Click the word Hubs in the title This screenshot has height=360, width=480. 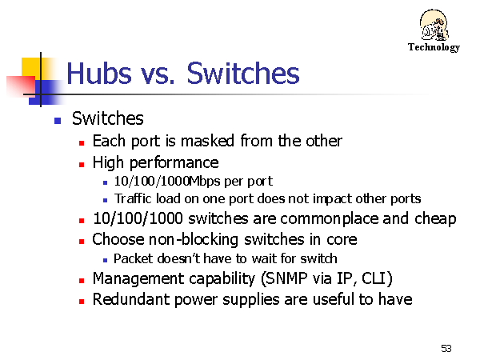point(99,73)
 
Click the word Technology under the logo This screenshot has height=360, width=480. point(434,47)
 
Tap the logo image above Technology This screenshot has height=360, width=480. point(434,25)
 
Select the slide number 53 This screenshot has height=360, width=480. point(446,348)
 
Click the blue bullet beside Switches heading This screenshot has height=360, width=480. point(58,120)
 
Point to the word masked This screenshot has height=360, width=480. point(207,141)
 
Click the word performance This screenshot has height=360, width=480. point(174,163)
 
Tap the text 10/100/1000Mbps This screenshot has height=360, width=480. point(167,182)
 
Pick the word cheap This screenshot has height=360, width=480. point(435,219)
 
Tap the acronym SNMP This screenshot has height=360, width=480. point(286,278)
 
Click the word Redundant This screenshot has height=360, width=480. point(130,299)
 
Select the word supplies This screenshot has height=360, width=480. point(251,300)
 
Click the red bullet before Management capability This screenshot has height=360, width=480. point(82,281)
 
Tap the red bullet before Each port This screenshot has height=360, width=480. point(82,143)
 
